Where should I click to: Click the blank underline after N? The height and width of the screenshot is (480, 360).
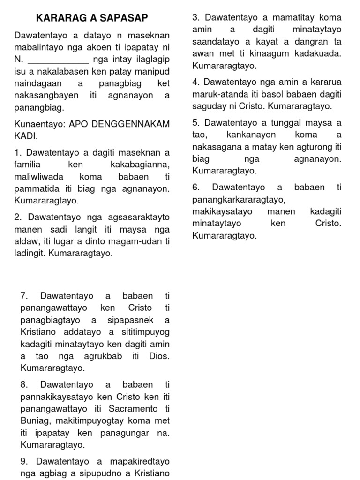point(59,60)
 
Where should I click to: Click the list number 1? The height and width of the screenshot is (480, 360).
point(18,153)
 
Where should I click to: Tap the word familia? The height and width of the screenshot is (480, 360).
point(28,165)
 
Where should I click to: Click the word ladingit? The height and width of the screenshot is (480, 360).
point(30,254)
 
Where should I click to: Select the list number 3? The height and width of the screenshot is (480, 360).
point(195,18)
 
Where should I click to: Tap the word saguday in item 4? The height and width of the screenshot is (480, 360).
point(208,106)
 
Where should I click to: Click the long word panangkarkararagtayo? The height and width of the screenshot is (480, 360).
point(239,200)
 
